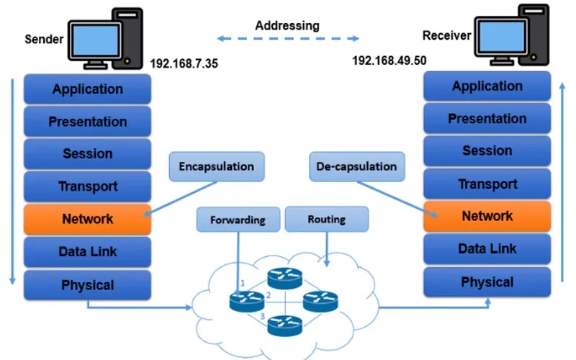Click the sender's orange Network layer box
[87, 219]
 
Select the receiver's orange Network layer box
[487, 216]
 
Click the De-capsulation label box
[356, 166]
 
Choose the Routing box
[326, 219]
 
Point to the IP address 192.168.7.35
[184, 64]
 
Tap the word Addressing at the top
[287, 25]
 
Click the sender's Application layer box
[87, 89]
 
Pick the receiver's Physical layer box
[487, 282]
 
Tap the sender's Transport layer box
[87, 186]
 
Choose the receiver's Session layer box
[487, 151]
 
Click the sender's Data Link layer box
[87, 252]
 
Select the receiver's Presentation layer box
[487, 119]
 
